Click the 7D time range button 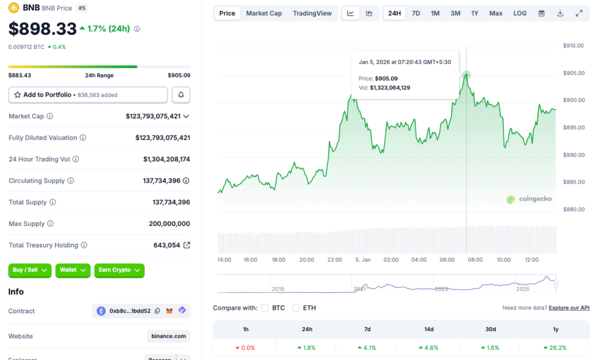pyautogui.click(x=416, y=13)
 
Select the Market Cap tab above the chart pyautogui.click(x=264, y=13)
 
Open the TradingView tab pyautogui.click(x=312, y=13)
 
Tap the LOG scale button pyautogui.click(x=520, y=13)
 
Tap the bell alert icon pyautogui.click(x=181, y=95)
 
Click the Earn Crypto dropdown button pyautogui.click(x=119, y=270)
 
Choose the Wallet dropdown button pyautogui.click(x=73, y=270)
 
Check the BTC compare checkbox pyautogui.click(x=265, y=308)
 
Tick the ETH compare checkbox pyautogui.click(x=296, y=308)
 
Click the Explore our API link pyautogui.click(x=569, y=308)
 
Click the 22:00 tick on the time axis pyautogui.click(x=335, y=260)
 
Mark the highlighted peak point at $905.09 pyautogui.click(x=466, y=75)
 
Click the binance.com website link pyautogui.click(x=169, y=336)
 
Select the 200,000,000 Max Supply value pyautogui.click(x=169, y=224)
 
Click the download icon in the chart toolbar pyautogui.click(x=560, y=13)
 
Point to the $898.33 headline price pyautogui.click(x=42, y=29)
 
